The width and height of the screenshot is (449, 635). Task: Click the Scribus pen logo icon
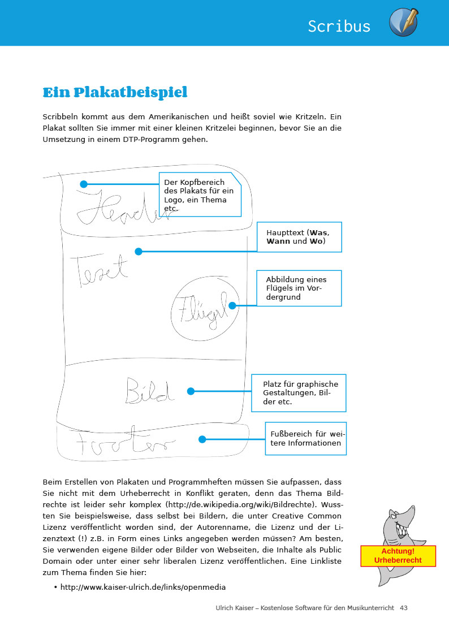point(403,23)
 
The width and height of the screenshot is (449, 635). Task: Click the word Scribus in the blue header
point(339,26)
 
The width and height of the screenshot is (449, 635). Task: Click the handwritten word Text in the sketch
point(99,269)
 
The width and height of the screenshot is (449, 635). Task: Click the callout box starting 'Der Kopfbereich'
point(200,195)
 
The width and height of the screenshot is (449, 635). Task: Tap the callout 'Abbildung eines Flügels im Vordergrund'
point(299,288)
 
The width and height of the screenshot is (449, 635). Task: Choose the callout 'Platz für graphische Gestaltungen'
point(299,392)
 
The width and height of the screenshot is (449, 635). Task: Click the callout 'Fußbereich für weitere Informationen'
point(305,438)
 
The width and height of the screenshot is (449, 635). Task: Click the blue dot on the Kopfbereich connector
point(84,184)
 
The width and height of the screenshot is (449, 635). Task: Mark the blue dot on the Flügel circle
point(232,305)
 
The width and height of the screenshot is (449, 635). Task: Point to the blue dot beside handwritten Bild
point(191,391)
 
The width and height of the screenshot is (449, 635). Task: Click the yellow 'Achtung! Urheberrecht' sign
point(398,555)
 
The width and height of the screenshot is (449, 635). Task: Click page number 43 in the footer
point(403,608)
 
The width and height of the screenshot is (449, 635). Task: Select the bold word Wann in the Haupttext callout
point(278,241)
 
